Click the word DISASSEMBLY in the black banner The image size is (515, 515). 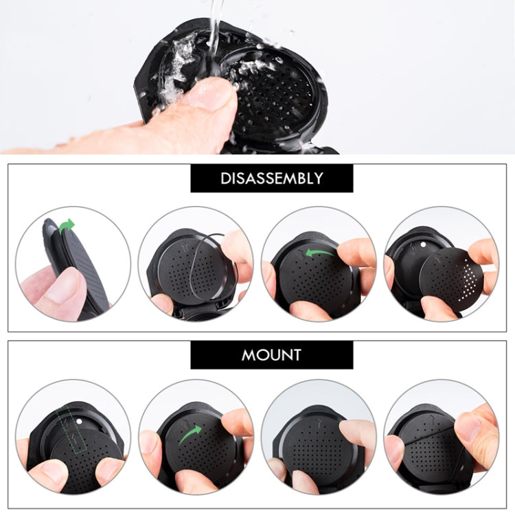click(x=271, y=179)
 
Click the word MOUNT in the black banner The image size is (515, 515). click(x=271, y=355)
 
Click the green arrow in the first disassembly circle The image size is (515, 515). click(x=67, y=225)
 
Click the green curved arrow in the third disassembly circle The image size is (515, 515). click(x=319, y=253)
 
